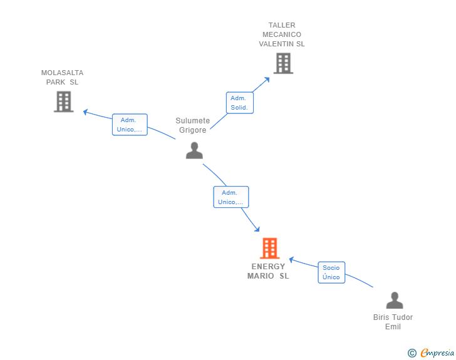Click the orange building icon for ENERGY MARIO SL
click(x=269, y=248)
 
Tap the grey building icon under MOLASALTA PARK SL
click(x=64, y=101)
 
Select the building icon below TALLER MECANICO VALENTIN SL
click(x=283, y=63)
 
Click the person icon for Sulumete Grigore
click(x=194, y=150)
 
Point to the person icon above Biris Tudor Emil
click(x=395, y=300)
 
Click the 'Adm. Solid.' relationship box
click(x=240, y=103)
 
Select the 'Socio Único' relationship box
click(x=331, y=272)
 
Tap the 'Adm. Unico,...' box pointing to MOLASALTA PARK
click(x=130, y=125)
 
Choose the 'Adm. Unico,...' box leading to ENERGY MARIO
click(x=231, y=197)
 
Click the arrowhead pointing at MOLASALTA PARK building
click(x=85, y=111)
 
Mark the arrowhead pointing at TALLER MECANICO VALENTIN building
click(x=267, y=80)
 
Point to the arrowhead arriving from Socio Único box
click(x=291, y=259)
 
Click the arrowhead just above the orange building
click(x=257, y=229)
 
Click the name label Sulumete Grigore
click(x=192, y=125)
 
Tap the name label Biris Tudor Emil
click(x=393, y=322)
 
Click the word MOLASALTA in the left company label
click(x=62, y=73)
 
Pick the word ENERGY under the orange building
click(x=268, y=267)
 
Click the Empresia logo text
click(x=437, y=352)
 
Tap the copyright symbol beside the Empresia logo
click(x=412, y=353)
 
